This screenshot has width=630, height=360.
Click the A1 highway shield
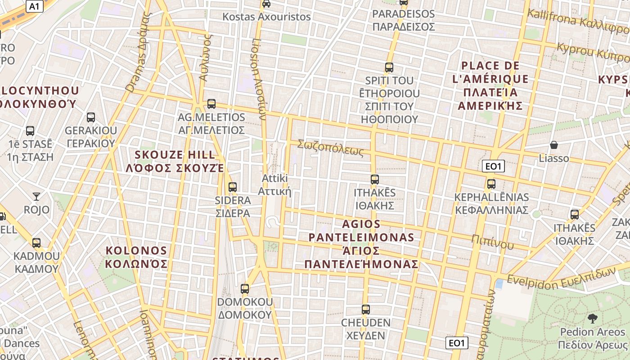(35, 6)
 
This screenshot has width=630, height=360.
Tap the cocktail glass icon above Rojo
(36, 196)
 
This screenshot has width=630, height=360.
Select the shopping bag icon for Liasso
(554, 145)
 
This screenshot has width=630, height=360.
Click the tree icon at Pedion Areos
(592, 319)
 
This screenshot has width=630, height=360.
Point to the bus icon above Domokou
(245, 288)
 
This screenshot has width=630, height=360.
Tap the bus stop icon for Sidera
(233, 187)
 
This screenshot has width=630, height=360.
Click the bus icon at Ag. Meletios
(211, 104)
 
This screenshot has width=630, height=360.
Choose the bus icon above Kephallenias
(491, 184)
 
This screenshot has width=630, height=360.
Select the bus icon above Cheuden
(366, 310)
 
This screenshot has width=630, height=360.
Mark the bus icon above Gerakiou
(91, 117)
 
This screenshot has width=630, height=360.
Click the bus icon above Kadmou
(36, 243)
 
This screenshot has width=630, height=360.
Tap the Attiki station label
(274, 185)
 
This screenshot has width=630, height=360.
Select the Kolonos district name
(136, 257)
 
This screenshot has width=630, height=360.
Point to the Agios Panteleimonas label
(361, 243)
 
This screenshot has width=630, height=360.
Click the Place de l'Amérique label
(490, 85)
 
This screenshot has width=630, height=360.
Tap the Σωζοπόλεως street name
(330, 148)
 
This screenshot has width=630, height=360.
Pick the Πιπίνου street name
(492, 242)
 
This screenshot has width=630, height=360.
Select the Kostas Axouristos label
(267, 17)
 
